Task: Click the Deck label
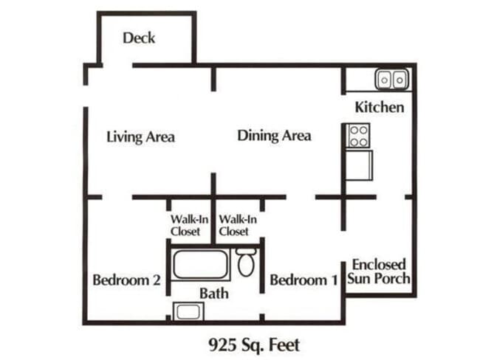(139, 38)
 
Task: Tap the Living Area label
(140, 137)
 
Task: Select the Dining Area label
(274, 136)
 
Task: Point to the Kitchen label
(380, 108)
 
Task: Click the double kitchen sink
(391, 78)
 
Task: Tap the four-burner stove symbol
(359, 136)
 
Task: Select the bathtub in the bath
(202, 264)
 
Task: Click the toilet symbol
(247, 263)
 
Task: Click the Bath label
(213, 294)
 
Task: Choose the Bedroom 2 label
(126, 280)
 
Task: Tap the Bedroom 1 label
(304, 280)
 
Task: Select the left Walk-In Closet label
(185, 225)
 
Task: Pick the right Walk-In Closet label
(238, 225)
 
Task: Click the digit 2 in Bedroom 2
(156, 280)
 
